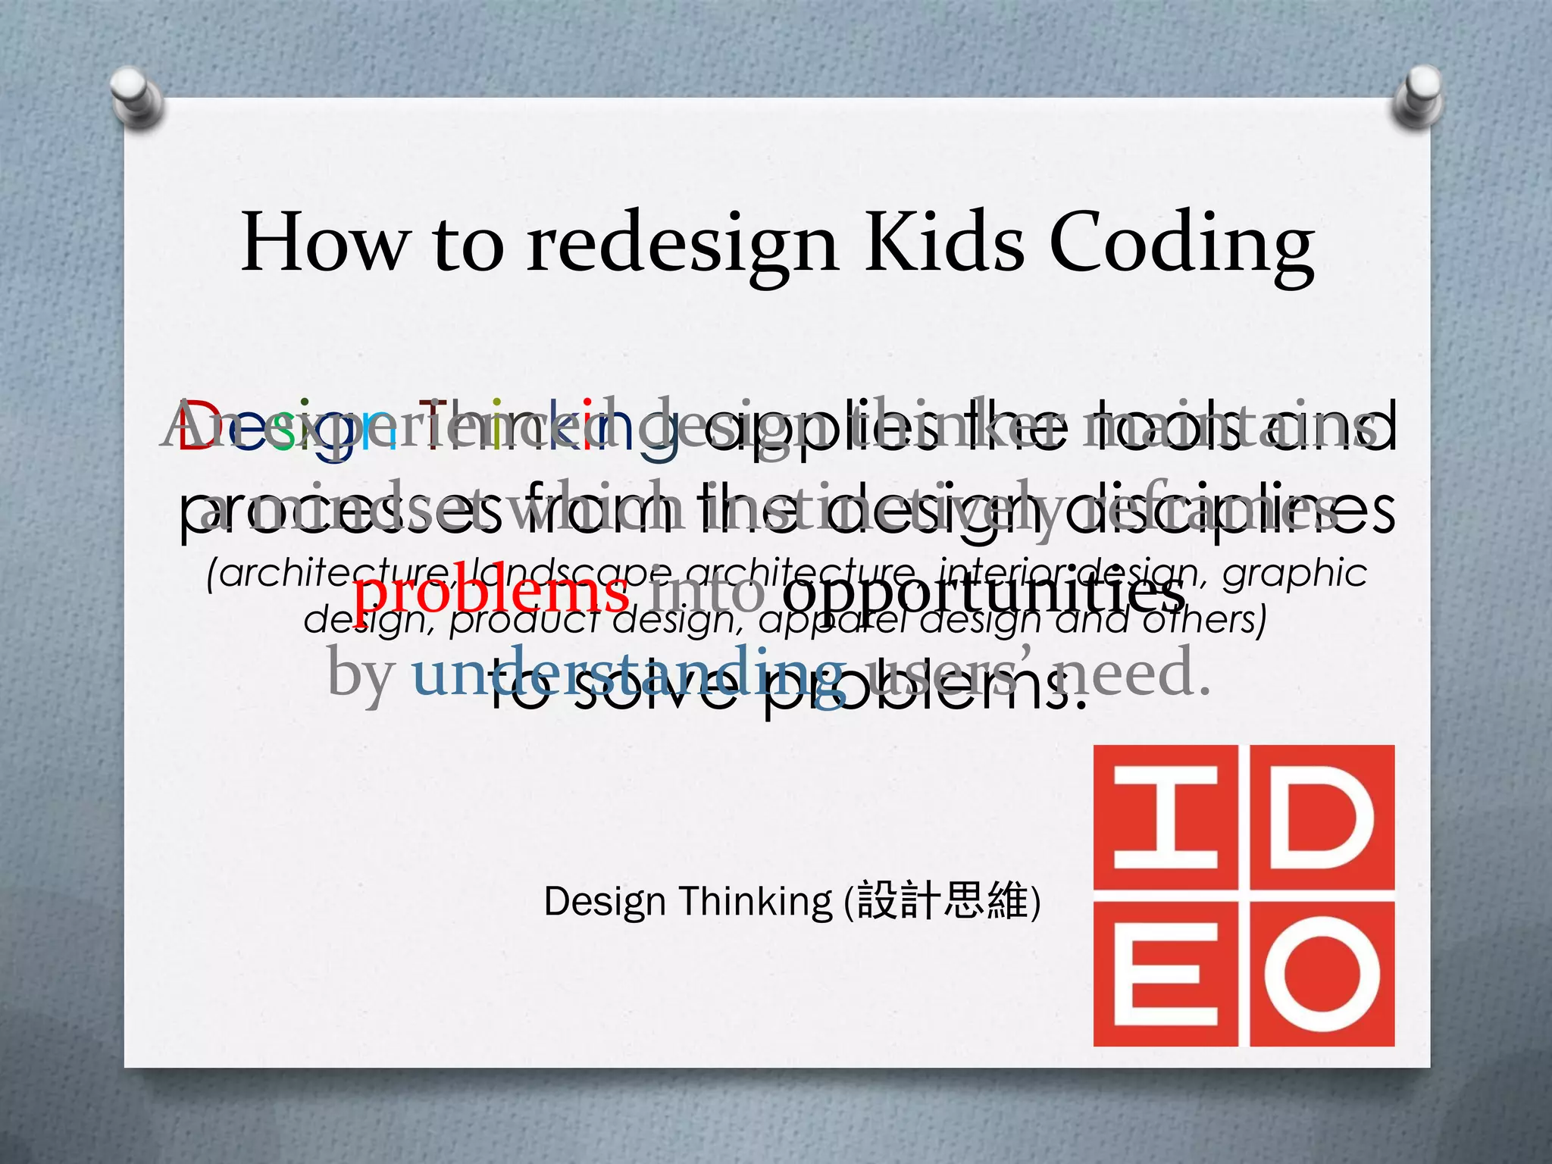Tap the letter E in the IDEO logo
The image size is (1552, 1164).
[1166, 973]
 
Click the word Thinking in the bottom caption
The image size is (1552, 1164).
[755, 902]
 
